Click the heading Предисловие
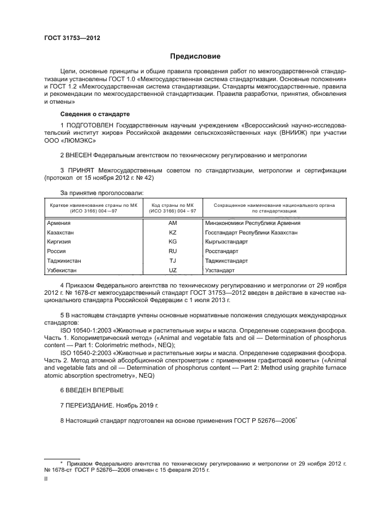[196, 56]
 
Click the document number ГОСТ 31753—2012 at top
[72, 38]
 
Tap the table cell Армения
[59, 223]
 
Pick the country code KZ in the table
[173, 232]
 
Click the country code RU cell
[173, 251]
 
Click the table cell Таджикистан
[65, 260]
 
